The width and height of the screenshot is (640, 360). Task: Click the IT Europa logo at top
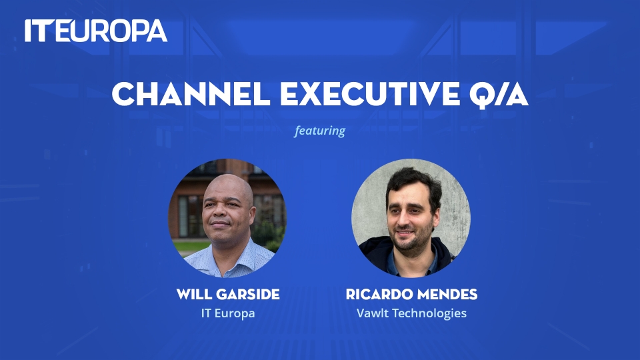tap(96, 31)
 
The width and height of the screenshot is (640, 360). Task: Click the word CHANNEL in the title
tap(191, 94)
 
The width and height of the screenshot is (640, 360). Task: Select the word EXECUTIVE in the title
tap(370, 94)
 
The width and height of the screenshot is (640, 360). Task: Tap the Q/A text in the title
tap(499, 95)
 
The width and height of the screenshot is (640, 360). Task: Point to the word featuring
tap(319, 131)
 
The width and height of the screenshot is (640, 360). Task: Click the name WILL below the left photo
tap(194, 294)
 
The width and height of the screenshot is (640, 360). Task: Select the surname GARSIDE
tap(248, 294)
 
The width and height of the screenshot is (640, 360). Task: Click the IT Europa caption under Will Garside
tap(228, 313)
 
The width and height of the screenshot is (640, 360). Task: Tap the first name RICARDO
tap(377, 294)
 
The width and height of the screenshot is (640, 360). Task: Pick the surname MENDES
tap(445, 294)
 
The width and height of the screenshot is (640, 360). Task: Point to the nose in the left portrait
tap(221, 213)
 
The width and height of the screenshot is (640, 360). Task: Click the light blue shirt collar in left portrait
tap(231, 261)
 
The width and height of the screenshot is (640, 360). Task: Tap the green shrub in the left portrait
tap(271, 236)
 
